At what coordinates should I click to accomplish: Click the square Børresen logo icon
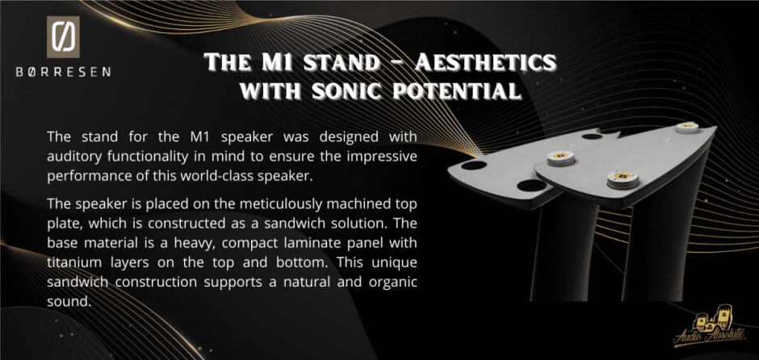(x=64, y=37)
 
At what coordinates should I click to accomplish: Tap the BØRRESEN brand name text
(x=64, y=72)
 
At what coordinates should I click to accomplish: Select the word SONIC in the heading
(x=346, y=90)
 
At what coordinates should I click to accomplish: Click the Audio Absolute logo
(x=709, y=329)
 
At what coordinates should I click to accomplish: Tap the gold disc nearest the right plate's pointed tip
(x=687, y=128)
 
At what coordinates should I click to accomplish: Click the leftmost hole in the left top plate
(x=474, y=165)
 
